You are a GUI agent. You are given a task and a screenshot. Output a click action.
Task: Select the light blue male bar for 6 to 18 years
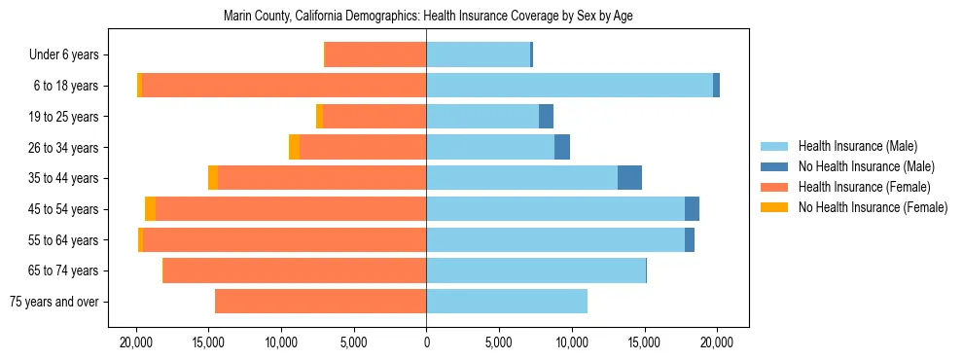coord(569,86)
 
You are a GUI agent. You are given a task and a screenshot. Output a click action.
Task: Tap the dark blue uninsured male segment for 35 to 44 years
coord(629,178)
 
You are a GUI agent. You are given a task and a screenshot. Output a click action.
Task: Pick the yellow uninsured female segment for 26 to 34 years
coord(295,147)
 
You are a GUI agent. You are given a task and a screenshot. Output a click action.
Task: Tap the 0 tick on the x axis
coord(426,343)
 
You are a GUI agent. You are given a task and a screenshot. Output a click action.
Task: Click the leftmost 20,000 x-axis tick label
coord(136,343)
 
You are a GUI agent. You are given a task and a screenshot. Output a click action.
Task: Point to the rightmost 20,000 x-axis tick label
coord(717,343)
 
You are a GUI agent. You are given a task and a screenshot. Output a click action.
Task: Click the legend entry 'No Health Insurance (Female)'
coord(873,207)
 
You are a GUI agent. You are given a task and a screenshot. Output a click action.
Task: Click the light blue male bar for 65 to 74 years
coord(536,270)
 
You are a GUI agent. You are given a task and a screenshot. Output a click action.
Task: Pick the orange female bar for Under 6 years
coord(375,54)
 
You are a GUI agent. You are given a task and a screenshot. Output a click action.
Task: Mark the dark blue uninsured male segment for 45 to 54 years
coord(692,209)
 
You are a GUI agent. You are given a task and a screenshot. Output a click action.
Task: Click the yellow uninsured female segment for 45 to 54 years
coord(150,209)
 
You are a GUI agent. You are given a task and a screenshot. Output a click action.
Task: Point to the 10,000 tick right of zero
coord(572,343)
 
